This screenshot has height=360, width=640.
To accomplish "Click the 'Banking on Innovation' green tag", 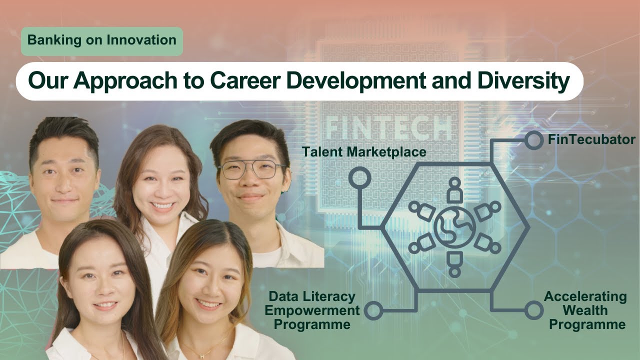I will (x=102, y=40).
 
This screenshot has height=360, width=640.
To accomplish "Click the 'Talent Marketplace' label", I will (x=363, y=152).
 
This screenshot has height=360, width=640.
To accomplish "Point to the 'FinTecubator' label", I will (x=591, y=139).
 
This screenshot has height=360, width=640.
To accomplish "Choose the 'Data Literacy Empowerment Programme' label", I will (x=312, y=310).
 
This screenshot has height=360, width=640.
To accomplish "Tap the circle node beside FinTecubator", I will (x=534, y=140).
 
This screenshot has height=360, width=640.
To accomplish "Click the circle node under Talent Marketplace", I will (x=360, y=178).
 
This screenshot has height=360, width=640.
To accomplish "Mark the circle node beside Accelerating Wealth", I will (x=533, y=310).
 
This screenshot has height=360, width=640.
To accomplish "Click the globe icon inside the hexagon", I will (x=454, y=226).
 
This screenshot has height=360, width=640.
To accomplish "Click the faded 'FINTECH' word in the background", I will (x=388, y=128).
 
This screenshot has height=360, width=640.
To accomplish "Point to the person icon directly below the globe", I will (x=454, y=263).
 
